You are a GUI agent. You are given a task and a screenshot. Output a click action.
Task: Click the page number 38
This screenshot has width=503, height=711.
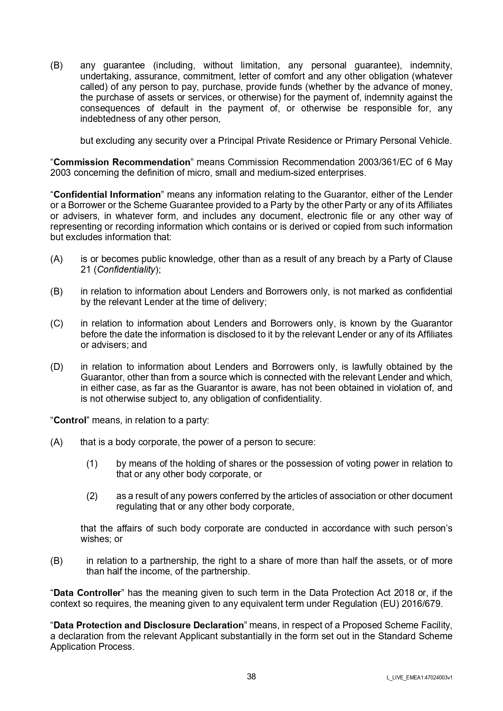tap(251, 677)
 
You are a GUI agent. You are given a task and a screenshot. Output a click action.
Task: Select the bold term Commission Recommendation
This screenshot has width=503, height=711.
tap(122, 162)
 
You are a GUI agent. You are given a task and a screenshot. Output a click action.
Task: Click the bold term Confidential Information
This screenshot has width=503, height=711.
tap(107, 194)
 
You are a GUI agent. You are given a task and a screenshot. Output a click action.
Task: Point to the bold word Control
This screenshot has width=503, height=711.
tap(70, 420)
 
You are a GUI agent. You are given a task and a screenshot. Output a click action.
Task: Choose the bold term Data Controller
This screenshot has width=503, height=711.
tap(87, 593)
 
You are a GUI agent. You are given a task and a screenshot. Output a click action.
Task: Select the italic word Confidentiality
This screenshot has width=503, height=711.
tap(126, 269)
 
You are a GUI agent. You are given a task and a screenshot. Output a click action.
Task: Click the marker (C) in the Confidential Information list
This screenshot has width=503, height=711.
tap(57, 323)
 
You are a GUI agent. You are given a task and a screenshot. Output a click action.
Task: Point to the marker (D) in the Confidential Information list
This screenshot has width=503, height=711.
tap(57, 367)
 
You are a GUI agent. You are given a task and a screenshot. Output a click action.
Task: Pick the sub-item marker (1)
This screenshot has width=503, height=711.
tap(92, 463)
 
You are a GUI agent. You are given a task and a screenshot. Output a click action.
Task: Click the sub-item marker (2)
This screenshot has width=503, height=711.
tap(92, 496)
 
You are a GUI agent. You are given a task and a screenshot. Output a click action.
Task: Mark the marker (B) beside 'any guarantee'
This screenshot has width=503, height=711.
tap(57, 65)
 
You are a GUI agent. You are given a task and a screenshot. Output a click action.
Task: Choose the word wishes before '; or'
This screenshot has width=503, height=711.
tap(96, 539)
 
